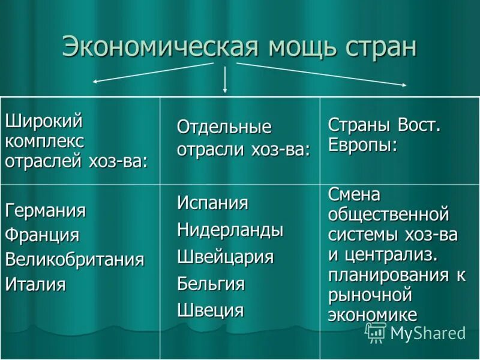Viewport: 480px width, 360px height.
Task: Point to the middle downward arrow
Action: [x=225, y=79]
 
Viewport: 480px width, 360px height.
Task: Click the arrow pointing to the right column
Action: [x=321, y=73]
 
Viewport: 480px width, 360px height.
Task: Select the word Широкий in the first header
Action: [x=44, y=121]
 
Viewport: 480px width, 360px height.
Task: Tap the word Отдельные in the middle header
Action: [x=224, y=127]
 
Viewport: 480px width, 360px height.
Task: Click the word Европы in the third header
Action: [x=362, y=145]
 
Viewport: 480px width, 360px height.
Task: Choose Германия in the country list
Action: [x=46, y=211]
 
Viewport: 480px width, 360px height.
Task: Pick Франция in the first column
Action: [x=42, y=235]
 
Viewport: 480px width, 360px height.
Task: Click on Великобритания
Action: [x=75, y=259]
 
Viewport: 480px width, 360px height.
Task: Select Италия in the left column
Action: [x=35, y=284]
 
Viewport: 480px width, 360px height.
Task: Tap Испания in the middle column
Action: [x=212, y=203]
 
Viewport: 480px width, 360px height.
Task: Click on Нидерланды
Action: [x=230, y=229]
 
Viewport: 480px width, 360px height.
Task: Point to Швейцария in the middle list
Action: [x=225, y=257]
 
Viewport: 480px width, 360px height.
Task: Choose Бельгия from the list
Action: [x=211, y=283]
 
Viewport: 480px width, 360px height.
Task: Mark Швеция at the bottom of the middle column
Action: [x=210, y=310]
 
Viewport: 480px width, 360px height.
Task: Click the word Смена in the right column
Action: [x=354, y=194]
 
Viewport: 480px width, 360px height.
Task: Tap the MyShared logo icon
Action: [x=376, y=332]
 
